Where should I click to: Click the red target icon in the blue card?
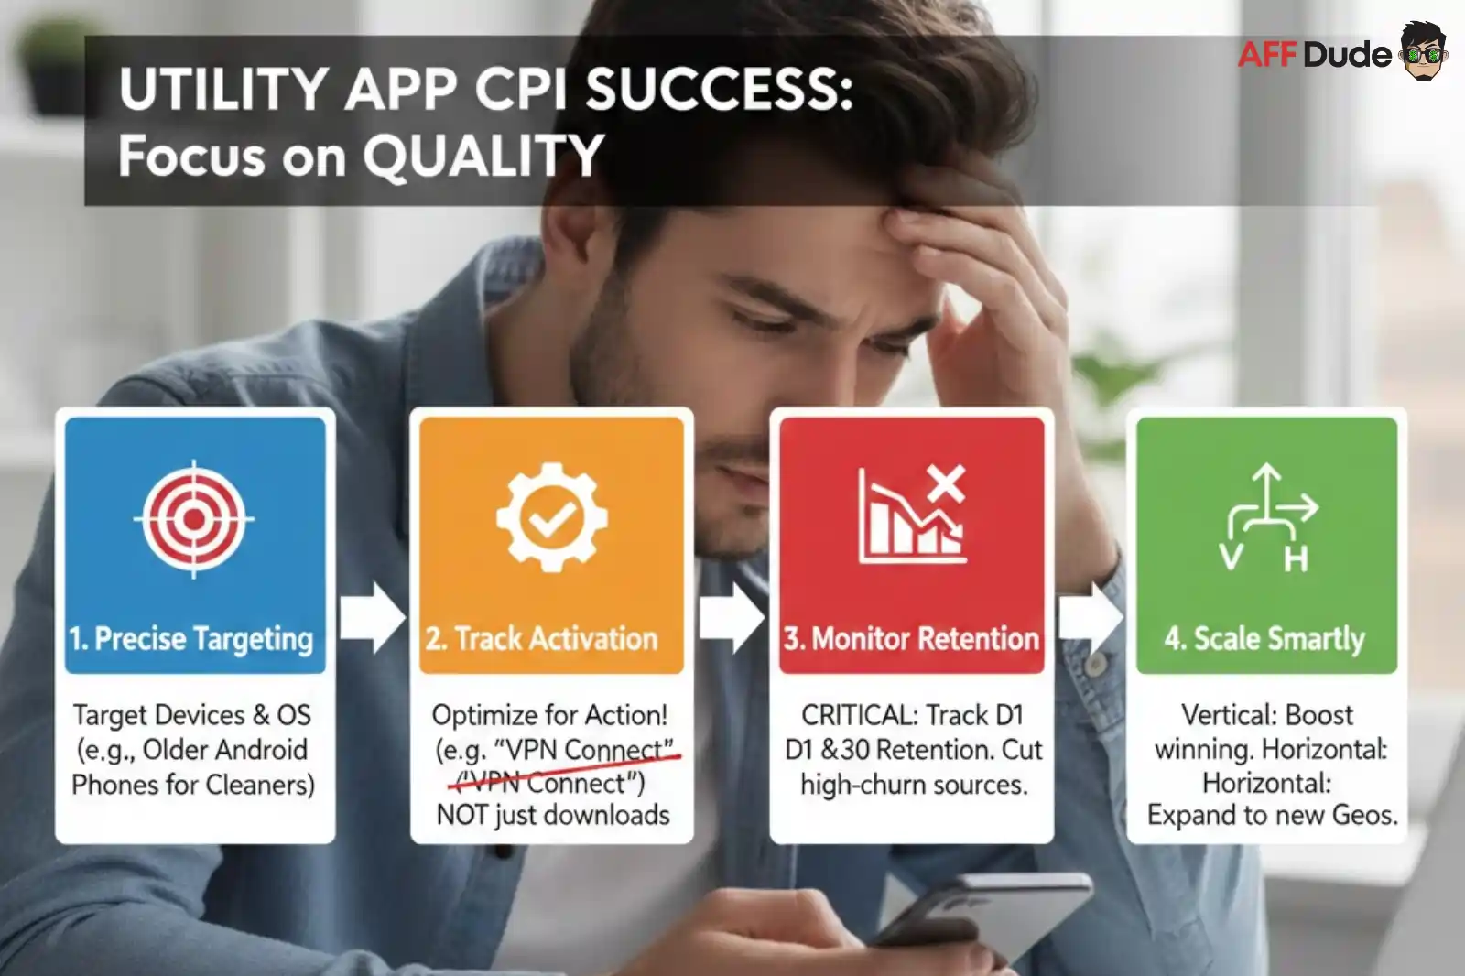point(194,519)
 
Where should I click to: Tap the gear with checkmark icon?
point(551,518)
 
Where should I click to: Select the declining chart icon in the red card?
point(912,515)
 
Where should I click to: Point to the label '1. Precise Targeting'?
point(191,638)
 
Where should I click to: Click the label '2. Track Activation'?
point(541,638)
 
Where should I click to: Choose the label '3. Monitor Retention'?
point(911,638)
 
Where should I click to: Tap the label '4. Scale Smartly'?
point(1264,638)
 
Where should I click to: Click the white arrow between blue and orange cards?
point(372,618)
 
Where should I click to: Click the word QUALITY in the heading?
point(483,156)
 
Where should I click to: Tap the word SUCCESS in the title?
point(719,90)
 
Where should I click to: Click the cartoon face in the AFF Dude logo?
point(1423,51)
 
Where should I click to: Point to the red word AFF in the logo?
point(1267,55)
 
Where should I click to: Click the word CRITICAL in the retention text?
point(858,714)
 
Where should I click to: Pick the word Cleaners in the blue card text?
point(260,785)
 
